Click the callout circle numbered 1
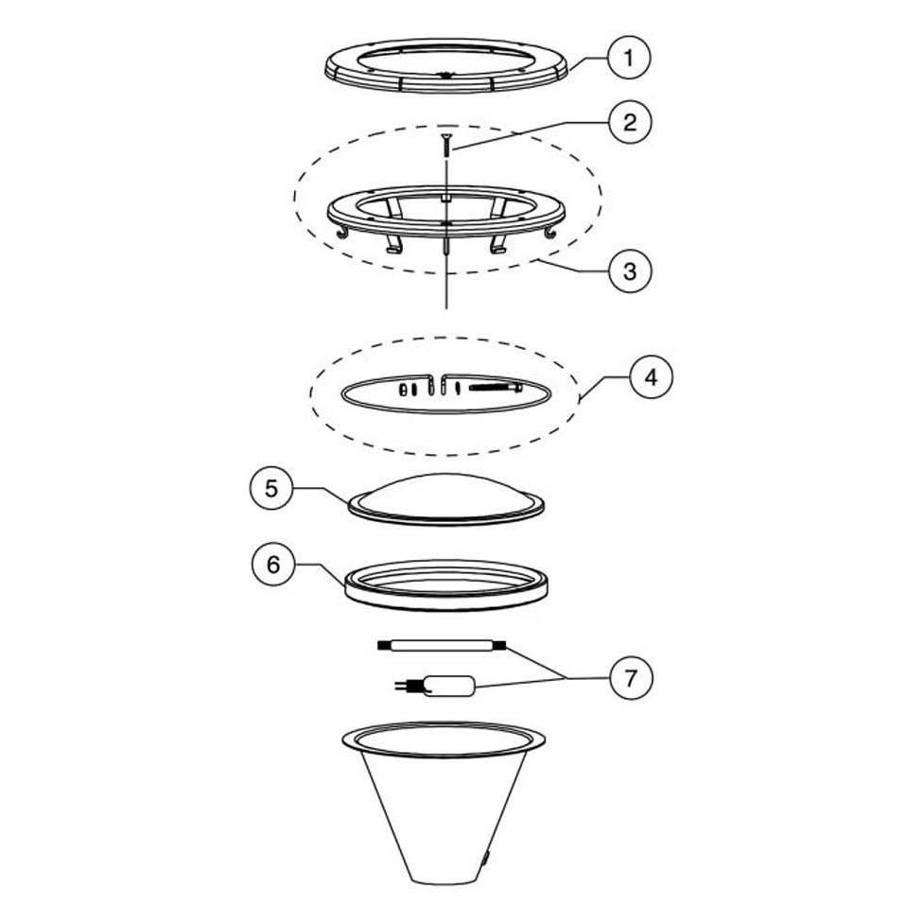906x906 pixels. pos(629,59)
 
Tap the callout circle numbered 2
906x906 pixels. pos(629,122)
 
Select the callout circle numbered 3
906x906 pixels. pos(629,270)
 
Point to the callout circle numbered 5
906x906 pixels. pos(272,489)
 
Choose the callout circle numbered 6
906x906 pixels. pos(272,565)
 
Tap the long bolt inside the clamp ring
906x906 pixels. pos(495,388)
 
